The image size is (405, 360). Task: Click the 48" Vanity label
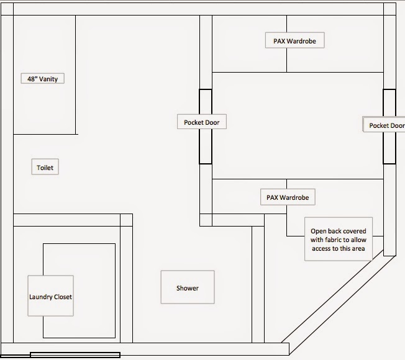[x=42, y=79]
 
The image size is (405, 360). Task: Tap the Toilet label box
[x=45, y=168]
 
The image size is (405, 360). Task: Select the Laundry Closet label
[x=50, y=297]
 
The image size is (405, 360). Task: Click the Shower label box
[x=187, y=287]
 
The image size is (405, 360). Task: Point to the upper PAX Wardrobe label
[x=294, y=41]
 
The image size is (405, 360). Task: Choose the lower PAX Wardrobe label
[x=287, y=197]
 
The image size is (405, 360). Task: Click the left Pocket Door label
[x=201, y=122]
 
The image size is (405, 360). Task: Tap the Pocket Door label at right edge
[x=385, y=125]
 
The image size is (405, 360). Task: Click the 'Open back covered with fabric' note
[x=339, y=240]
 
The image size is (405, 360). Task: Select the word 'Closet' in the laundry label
[x=62, y=297]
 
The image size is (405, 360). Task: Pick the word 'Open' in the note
[x=318, y=232]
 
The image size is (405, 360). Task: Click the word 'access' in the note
[x=323, y=248]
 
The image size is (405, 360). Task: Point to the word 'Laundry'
[x=39, y=297]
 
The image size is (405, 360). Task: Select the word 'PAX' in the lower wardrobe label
[x=272, y=197]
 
